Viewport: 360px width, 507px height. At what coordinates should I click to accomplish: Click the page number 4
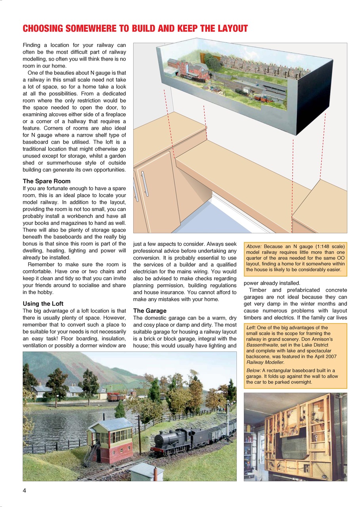pyautogui.click(x=25, y=490)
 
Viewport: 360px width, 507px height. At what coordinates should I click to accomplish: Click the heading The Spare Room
pyautogui.click(x=46, y=181)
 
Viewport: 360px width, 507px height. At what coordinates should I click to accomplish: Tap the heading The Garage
pyautogui.click(x=149, y=311)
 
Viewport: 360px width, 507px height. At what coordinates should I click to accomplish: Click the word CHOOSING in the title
pyautogui.click(x=42, y=29)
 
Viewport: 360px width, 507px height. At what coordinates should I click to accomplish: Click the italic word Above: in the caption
pyautogui.click(x=254, y=246)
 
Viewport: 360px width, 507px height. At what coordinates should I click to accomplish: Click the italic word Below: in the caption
pyautogui.click(x=253, y=370)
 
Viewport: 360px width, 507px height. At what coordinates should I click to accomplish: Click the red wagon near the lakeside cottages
pyautogui.click(x=114, y=396)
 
